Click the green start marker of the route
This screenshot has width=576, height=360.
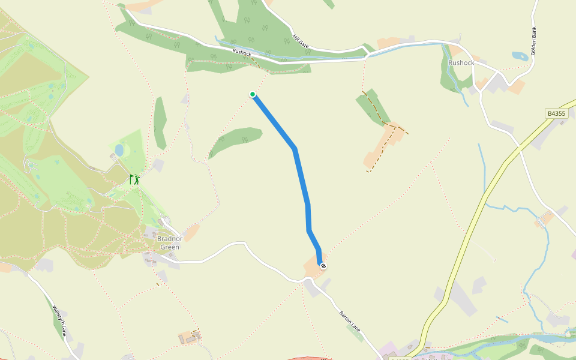253,94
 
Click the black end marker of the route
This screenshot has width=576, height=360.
323,265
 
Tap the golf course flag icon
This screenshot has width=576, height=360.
134,179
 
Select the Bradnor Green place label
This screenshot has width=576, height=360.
169,242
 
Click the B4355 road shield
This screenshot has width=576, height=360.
556,113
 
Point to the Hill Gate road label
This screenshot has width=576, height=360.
300,41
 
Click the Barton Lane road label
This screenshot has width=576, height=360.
350,320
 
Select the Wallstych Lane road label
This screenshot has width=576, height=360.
58,321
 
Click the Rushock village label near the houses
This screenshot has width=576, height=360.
461,62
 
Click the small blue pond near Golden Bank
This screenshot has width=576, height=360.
520,56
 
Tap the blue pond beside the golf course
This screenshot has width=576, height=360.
119,149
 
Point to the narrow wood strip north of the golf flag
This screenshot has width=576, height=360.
160,123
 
